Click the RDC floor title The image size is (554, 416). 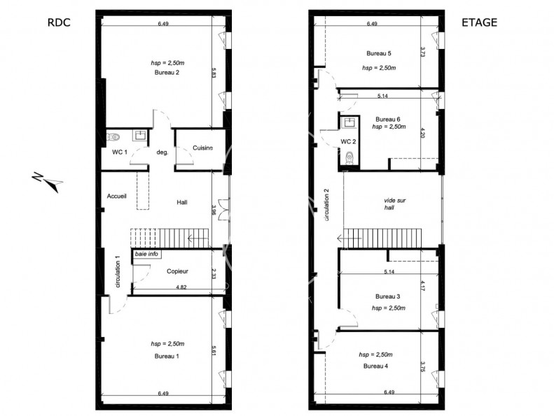tap(59, 22)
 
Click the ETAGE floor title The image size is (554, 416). tap(480, 22)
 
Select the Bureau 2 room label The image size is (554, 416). tap(167, 72)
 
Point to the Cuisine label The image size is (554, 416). tap(203, 148)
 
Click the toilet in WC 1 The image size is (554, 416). tap(113, 136)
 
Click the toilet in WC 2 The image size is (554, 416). tap(349, 157)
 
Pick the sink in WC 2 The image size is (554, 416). tap(349, 123)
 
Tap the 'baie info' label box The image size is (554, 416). tap(146, 254)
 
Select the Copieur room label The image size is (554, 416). tap(177, 271)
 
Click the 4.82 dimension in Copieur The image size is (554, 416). tap(181, 287)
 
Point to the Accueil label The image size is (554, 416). tap(116, 196)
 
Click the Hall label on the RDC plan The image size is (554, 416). tap(182, 202)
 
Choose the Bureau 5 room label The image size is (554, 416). tap(379, 53)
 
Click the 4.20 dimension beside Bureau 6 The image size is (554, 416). tap(423, 133)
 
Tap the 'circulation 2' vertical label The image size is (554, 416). tap(327, 205)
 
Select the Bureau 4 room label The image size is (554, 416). tap(375, 366)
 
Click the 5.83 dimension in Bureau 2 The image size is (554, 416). tap(213, 73)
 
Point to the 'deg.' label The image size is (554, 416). tap(162, 152)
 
